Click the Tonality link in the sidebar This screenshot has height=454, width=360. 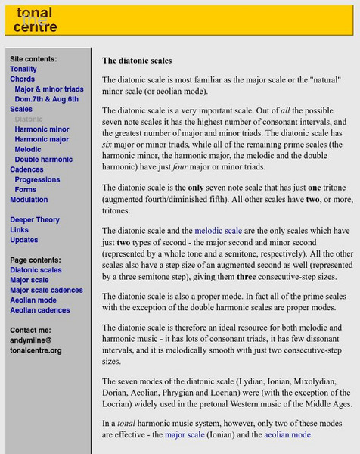pos(23,69)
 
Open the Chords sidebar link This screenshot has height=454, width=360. pos(23,79)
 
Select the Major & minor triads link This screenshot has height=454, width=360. pos(49,89)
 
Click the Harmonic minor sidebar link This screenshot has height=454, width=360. pos(42,129)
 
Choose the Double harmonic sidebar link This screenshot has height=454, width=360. pos(44,159)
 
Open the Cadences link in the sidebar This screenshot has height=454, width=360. pos(27,169)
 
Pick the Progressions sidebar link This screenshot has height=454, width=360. pos(37,180)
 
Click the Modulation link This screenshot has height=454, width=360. pos(29,200)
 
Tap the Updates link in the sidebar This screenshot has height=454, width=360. pos(24,240)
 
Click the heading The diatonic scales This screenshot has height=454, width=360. pos(137,60)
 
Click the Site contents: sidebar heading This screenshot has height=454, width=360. pos(33,59)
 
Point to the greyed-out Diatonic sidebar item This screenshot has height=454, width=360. pos(29,119)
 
